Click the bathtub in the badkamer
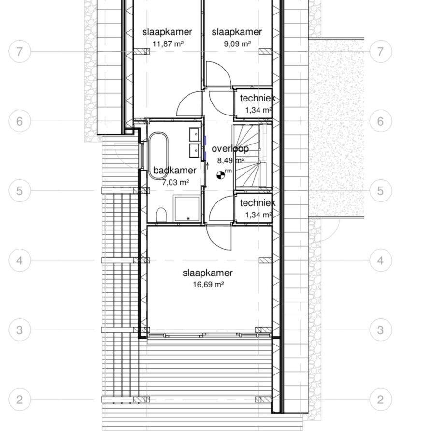click(158, 156)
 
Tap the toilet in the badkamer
click(161, 215)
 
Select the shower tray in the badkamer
click(187, 208)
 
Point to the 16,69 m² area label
click(208, 284)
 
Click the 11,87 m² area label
click(168, 43)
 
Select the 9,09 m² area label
click(237, 43)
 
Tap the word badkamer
click(175, 171)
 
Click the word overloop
click(230, 149)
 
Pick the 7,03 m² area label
click(175, 182)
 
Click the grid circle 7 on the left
click(19, 51)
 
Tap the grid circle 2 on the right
click(380, 400)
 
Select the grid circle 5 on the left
click(19, 191)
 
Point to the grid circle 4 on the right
click(380, 260)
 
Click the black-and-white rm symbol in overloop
click(221, 175)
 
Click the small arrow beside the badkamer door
click(208, 166)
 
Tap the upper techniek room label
click(258, 98)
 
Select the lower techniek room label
click(258, 203)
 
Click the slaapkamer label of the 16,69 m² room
click(208, 273)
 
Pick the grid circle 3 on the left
click(19, 330)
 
